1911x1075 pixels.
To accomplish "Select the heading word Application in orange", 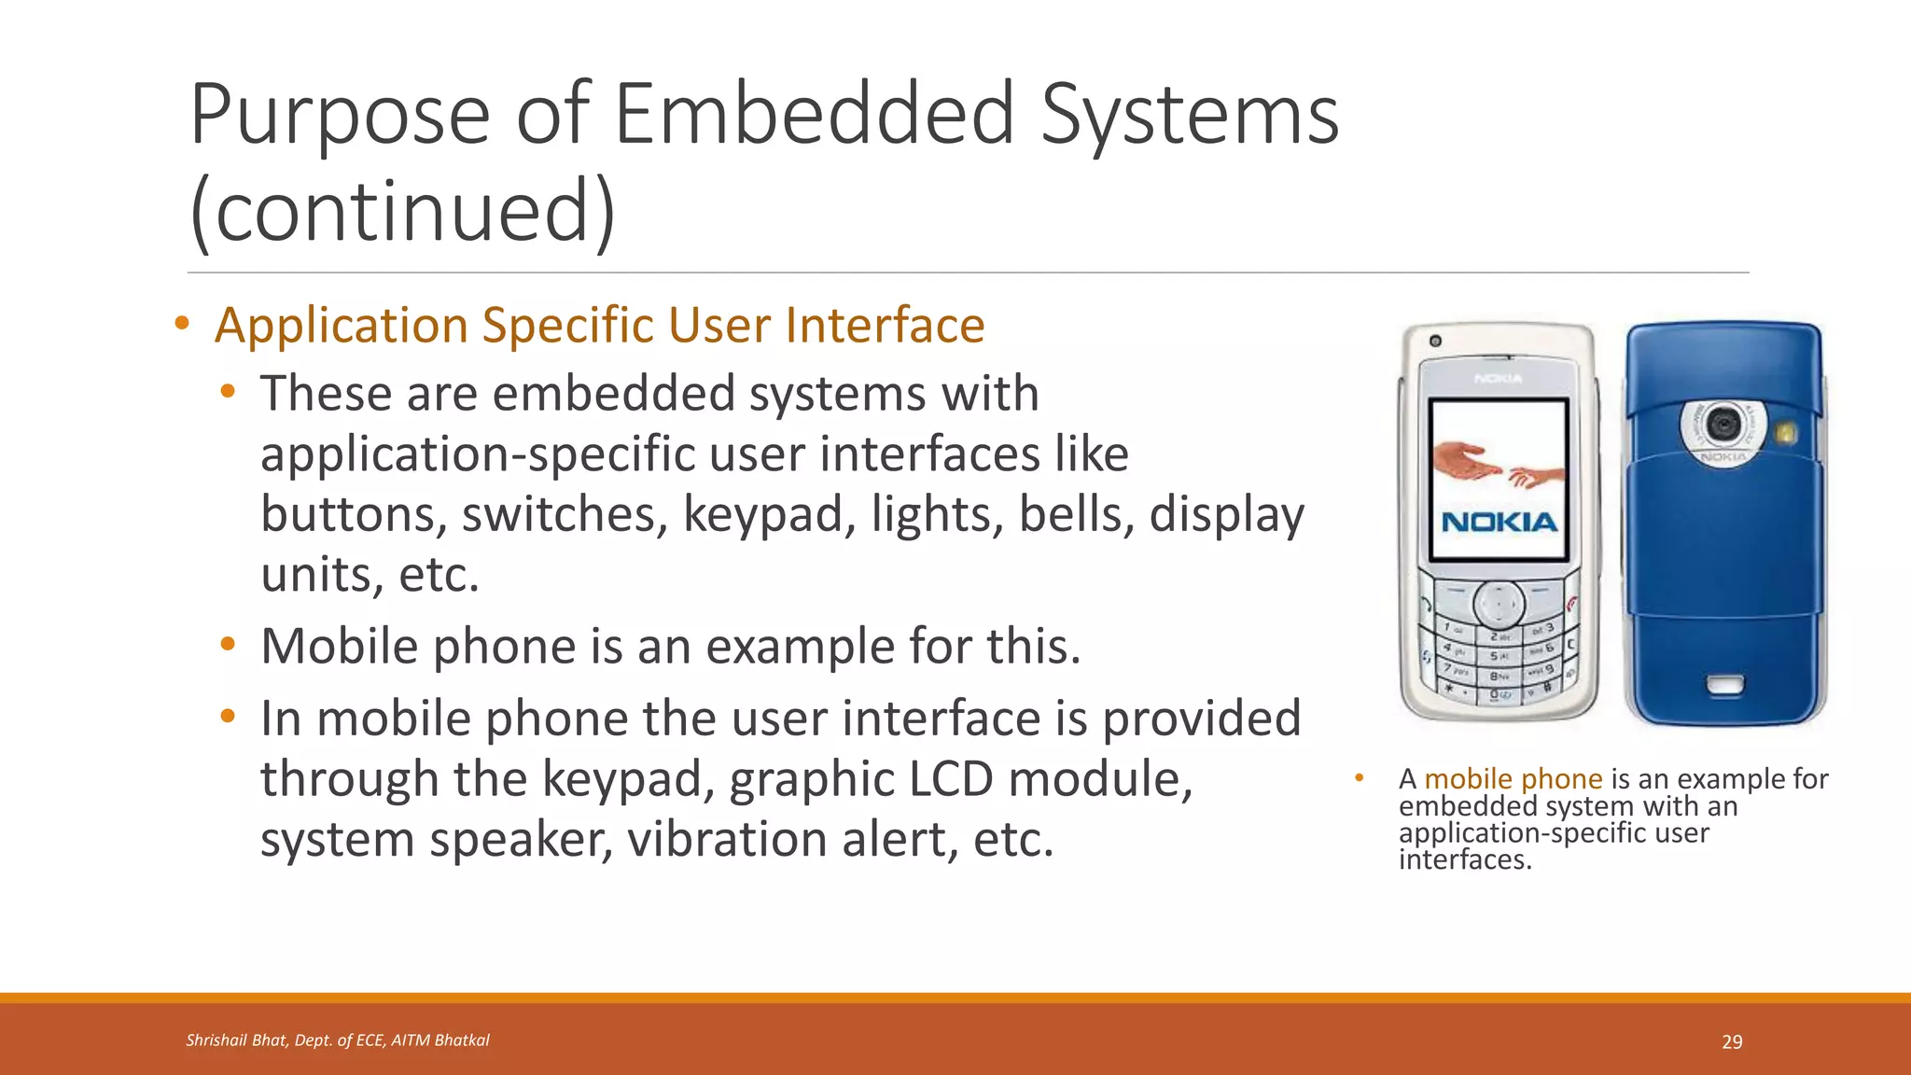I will pyautogui.click(x=342, y=325).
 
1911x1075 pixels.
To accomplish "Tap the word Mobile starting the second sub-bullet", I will pyautogui.click(x=341, y=646).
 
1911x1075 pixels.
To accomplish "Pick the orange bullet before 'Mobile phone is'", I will pyautogui.click(x=228, y=644).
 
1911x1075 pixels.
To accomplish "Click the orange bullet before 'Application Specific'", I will pyautogui.click(x=182, y=324).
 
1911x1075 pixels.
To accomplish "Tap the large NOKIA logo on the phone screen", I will pyautogui.click(x=1499, y=523).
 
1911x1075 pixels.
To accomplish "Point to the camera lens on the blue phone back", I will pyautogui.click(x=1723, y=424).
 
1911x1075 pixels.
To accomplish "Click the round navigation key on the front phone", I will pyautogui.click(x=1499, y=605).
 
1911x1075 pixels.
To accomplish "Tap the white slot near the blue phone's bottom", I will pyautogui.click(x=1724, y=686).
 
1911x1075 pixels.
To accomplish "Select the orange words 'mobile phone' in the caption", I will pyautogui.click(x=1513, y=778).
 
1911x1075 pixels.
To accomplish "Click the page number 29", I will pyautogui.click(x=1732, y=1041).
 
